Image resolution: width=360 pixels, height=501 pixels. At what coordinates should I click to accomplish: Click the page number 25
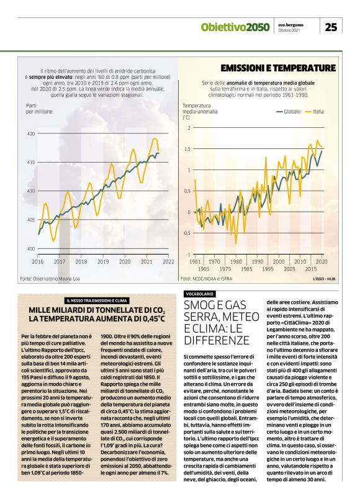(331, 27)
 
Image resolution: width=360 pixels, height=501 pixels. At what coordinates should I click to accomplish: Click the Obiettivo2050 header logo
(235, 27)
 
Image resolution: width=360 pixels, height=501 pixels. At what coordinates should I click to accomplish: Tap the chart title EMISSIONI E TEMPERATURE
(278, 68)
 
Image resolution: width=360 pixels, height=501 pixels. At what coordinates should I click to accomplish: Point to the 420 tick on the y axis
(30, 133)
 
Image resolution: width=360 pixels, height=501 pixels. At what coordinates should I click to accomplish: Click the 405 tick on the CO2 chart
(30, 220)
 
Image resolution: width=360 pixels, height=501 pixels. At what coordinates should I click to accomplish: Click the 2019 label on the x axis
(103, 261)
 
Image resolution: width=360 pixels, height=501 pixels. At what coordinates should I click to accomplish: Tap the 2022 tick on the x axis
(168, 261)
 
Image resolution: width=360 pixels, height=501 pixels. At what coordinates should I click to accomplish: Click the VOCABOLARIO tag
(200, 293)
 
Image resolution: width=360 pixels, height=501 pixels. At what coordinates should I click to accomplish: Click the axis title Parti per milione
(39, 109)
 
